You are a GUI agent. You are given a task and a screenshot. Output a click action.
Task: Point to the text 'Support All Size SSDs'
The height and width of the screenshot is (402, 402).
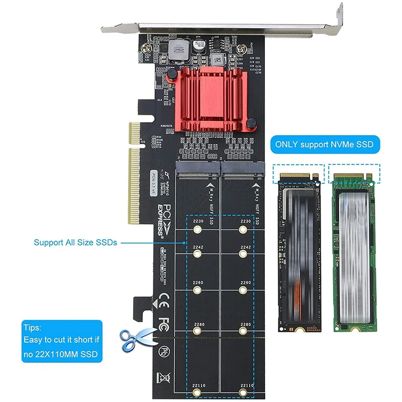tap(75, 242)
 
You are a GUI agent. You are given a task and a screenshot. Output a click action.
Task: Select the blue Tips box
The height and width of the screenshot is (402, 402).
tap(62, 341)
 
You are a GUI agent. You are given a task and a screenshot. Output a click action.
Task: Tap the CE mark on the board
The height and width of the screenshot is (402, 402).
tap(163, 303)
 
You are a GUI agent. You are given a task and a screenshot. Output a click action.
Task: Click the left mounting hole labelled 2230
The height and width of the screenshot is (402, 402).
tap(197, 230)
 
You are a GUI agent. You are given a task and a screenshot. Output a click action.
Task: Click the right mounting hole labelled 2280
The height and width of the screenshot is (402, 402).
tap(244, 332)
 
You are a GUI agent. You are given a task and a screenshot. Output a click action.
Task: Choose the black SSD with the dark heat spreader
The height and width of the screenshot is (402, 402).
tap(298, 251)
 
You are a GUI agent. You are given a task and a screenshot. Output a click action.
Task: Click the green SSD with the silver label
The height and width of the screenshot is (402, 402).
tap(354, 251)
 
